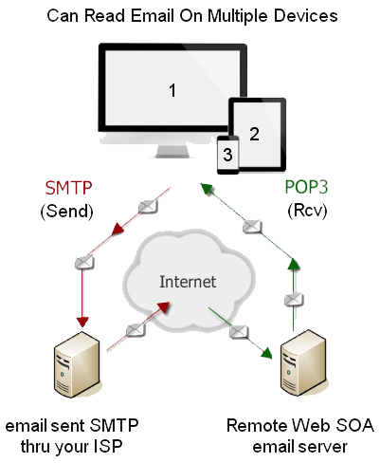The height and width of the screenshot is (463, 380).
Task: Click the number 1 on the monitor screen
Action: coord(172,90)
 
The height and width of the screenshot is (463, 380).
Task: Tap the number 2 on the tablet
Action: coord(255,134)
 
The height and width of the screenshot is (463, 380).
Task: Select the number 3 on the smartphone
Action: coord(227,155)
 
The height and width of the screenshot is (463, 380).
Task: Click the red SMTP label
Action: coord(68,188)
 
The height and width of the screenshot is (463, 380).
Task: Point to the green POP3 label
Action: coord(306,187)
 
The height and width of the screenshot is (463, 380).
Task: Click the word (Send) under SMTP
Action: coord(67,212)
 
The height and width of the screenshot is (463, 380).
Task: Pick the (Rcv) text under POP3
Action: coord(307,210)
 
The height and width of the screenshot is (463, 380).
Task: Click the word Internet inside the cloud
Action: coord(188,282)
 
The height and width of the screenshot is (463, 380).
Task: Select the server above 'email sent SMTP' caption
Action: coord(77,364)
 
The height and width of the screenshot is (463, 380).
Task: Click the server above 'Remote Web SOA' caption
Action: coord(303,362)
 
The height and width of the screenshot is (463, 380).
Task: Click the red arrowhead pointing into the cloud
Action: coord(163,306)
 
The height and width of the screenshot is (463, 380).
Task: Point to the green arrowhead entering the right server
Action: coord(267,353)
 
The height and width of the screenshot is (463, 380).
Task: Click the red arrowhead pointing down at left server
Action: coord(82,322)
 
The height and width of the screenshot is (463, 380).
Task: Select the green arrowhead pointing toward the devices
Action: coord(208,189)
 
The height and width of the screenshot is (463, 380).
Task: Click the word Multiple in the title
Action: coord(239,16)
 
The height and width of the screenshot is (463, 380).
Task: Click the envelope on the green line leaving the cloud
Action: coord(239,332)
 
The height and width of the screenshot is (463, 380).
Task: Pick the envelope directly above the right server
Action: coord(294,300)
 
